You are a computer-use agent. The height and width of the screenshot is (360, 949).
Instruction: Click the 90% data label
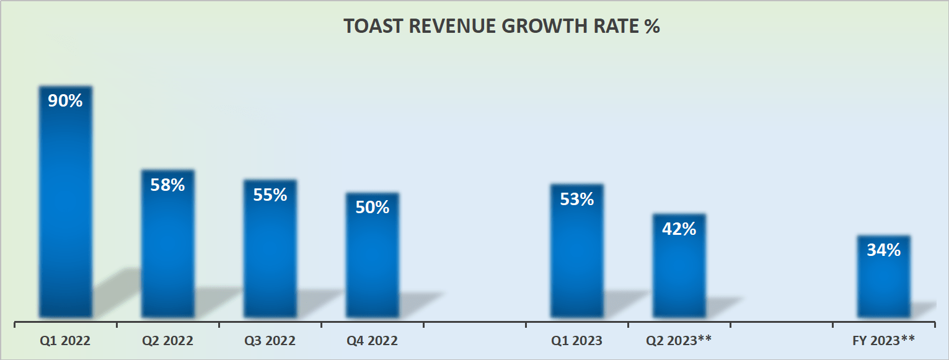pos(65,100)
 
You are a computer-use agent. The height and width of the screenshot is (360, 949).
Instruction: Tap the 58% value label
pos(167,185)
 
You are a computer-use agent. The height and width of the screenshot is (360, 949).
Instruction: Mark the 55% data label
pos(270,195)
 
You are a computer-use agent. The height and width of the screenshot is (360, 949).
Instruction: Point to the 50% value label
pos(372,207)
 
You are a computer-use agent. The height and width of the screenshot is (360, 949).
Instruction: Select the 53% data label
pos(576,199)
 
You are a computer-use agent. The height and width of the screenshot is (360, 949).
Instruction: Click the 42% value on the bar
pos(679,229)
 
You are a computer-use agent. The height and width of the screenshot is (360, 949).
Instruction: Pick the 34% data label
pos(883,250)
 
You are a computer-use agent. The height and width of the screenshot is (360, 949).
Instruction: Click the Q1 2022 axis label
pos(65,341)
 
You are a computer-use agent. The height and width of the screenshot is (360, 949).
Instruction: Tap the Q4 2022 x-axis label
pos(372,341)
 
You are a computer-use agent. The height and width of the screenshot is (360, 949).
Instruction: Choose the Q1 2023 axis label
pos(576,341)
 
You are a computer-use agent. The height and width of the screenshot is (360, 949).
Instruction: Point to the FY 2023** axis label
pos(883,341)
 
